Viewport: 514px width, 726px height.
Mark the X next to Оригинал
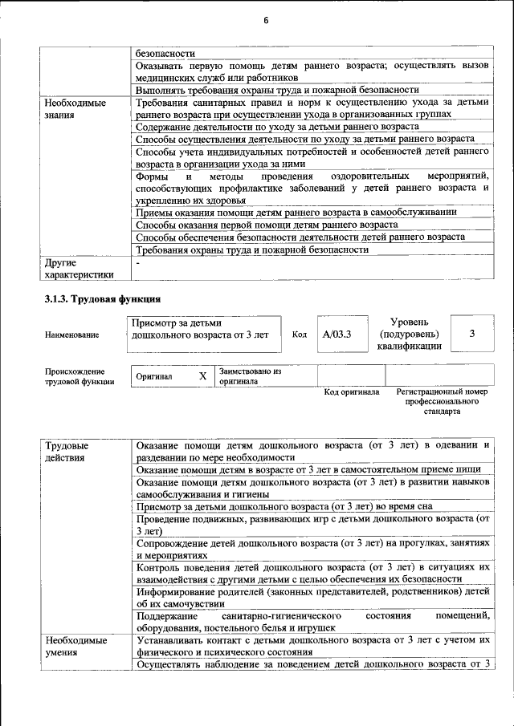tap(202, 375)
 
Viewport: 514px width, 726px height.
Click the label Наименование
tap(72, 335)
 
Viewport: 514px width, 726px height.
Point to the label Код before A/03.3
tap(299, 335)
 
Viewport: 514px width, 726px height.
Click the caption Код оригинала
tap(351, 392)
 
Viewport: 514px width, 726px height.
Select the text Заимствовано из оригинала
tap(250, 376)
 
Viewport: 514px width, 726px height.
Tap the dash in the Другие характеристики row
tap(138, 262)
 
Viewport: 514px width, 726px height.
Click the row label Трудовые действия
tap(67, 451)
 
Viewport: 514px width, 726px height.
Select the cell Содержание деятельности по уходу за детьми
tap(277, 127)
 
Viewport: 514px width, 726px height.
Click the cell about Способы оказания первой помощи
tap(267, 225)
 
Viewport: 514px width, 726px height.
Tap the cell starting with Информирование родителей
tap(312, 597)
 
